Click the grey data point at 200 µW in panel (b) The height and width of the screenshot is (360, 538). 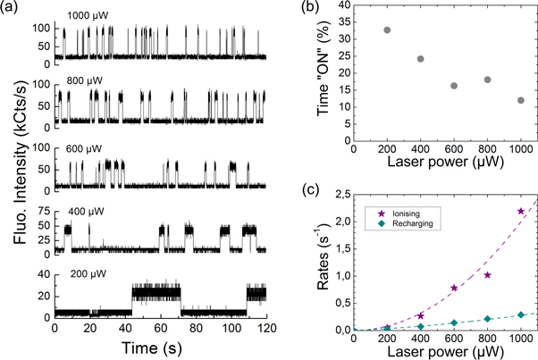tap(387, 29)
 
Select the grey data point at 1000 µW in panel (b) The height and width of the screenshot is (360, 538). tap(521, 100)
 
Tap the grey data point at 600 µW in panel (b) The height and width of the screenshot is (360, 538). tap(454, 86)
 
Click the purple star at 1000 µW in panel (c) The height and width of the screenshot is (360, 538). tap(521, 211)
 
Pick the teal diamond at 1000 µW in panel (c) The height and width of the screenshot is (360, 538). tap(521, 314)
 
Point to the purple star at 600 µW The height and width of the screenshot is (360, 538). tap(454, 288)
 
